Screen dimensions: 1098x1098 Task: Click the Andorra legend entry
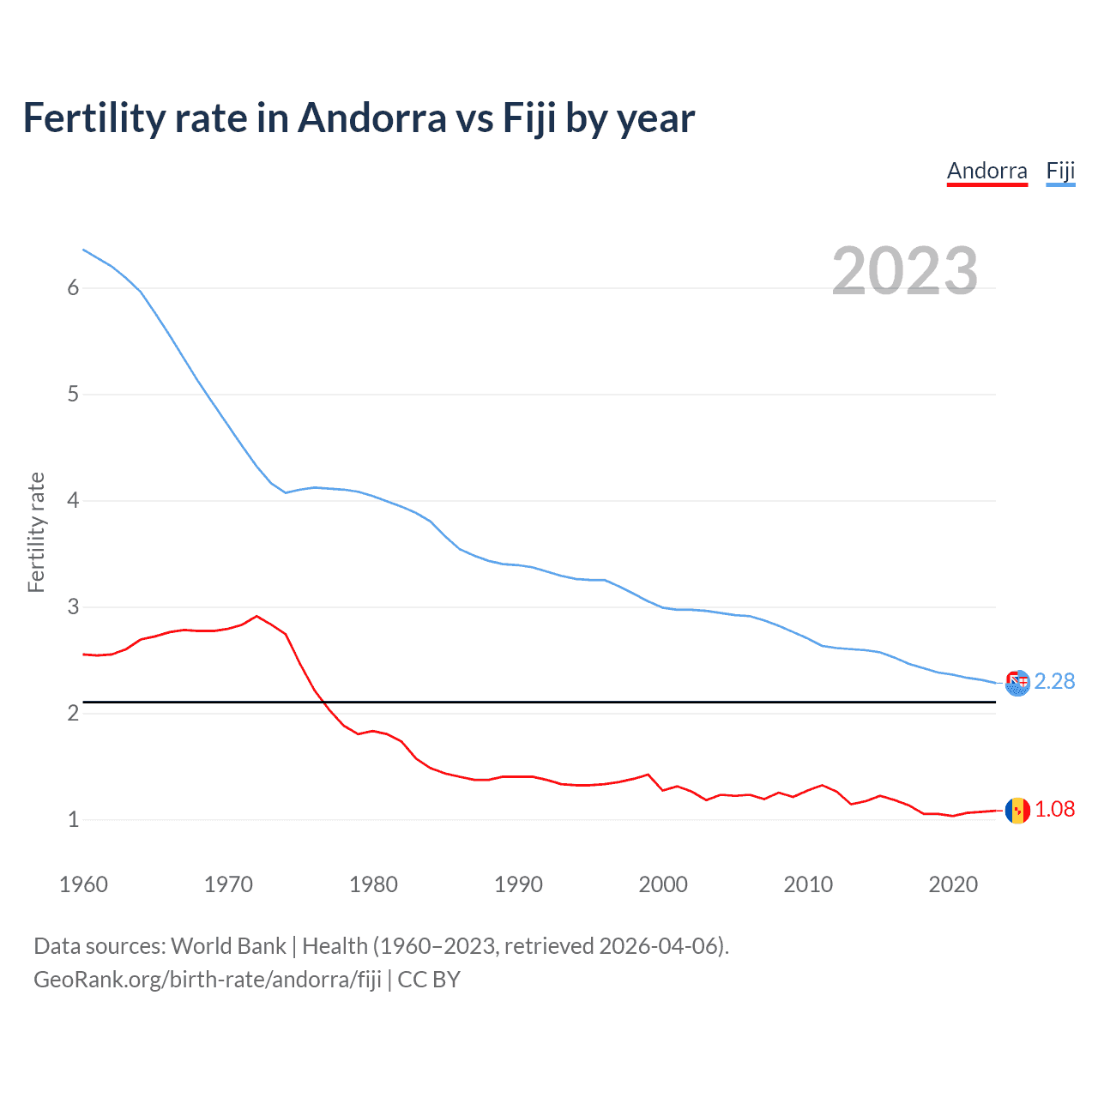[986, 172]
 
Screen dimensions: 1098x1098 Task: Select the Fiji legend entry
[1060, 172]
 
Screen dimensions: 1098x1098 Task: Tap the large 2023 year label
[904, 271]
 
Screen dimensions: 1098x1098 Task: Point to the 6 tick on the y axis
[73, 288]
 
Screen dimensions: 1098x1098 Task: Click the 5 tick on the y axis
[73, 395]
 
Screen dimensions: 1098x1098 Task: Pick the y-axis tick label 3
[73, 607]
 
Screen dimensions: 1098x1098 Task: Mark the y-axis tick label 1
[73, 820]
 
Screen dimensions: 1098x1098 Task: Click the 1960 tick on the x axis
[83, 884]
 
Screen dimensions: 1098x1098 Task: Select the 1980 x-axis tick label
[373, 884]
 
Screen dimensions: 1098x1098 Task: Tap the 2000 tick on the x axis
[663, 884]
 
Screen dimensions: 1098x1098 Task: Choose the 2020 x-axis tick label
[953, 884]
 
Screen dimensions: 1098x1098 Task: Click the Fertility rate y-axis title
[36, 532]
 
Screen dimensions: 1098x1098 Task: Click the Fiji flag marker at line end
[1017, 683]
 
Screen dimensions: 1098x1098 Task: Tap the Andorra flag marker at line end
[1017, 810]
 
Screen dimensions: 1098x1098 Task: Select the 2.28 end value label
[1054, 681]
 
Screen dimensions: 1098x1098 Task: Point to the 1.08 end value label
[1054, 809]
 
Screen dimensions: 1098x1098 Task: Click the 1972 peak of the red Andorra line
[256, 616]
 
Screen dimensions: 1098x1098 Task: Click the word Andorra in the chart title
[371, 118]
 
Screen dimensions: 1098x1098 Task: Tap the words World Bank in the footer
[228, 946]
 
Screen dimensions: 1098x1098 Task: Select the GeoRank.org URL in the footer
[208, 980]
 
